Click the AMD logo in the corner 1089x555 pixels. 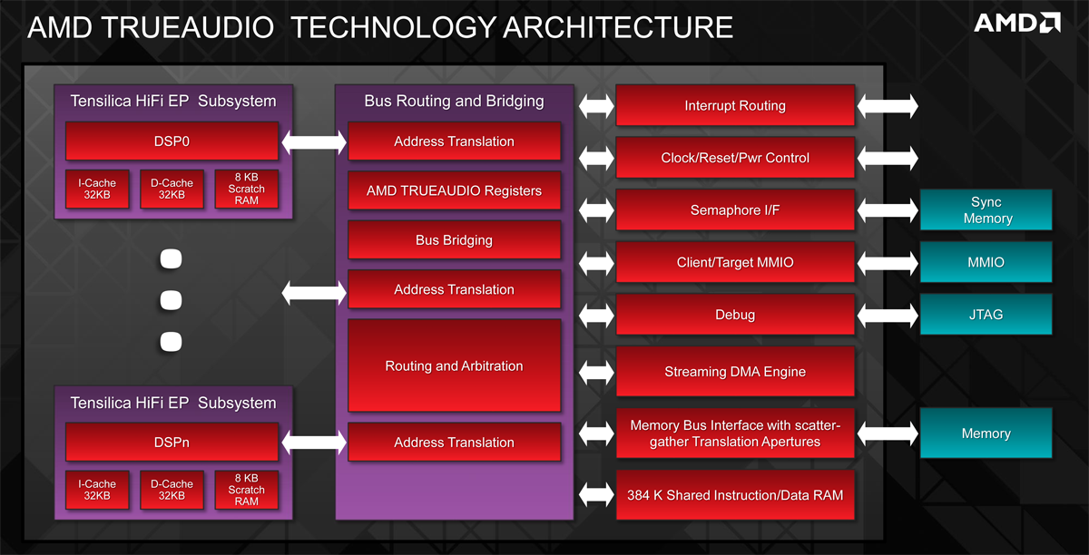coord(1017,23)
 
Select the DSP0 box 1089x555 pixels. coord(172,141)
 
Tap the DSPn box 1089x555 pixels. coord(172,442)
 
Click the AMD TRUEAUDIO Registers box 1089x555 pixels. coord(454,190)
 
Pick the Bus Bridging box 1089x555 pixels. coord(454,240)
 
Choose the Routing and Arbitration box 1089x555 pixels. coord(454,365)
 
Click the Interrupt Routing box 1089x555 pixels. coord(735,105)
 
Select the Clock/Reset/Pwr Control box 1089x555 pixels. coord(735,158)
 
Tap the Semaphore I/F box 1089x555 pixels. coord(735,210)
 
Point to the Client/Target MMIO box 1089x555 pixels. coord(735,262)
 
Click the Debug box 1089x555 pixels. coord(735,315)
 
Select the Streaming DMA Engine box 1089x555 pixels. coord(735,371)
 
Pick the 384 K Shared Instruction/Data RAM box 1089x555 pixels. coord(735,495)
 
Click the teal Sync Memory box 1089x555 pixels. coord(986,210)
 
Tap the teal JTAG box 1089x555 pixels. coord(986,315)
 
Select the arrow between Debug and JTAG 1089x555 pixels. coord(888,315)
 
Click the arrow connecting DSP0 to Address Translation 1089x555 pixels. coord(314,141)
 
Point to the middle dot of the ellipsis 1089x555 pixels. coord(172,300)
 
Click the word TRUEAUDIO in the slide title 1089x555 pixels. coord(188,27)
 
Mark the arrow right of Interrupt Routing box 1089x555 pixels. coord(888,106)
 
